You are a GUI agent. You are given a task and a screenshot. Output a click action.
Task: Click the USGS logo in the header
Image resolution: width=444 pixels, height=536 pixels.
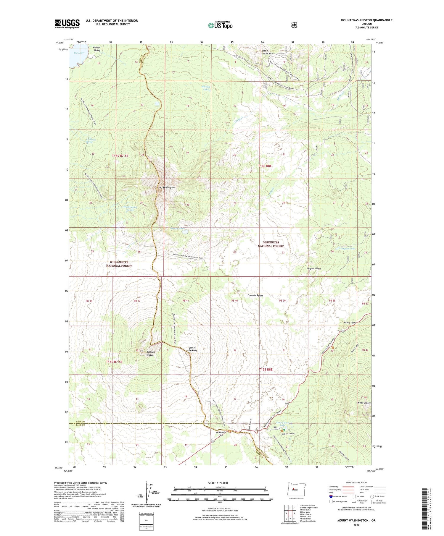point(67,24)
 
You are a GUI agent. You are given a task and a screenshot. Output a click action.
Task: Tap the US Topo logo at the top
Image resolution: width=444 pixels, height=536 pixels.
point(220,25)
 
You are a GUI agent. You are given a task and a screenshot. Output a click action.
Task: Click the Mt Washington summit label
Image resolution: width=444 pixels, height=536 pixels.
point(167,187)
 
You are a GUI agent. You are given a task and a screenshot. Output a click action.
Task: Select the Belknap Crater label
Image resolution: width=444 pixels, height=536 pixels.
point(150,353)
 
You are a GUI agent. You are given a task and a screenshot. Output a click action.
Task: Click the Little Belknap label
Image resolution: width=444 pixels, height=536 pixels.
point(193,349)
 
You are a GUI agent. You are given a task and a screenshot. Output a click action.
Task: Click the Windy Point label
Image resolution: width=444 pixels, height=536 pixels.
point(350,323)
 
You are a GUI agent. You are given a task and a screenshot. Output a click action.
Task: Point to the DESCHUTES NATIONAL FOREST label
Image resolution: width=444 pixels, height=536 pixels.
point(271,244)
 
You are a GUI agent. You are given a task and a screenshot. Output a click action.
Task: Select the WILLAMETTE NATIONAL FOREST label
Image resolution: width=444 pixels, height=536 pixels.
point(119,264)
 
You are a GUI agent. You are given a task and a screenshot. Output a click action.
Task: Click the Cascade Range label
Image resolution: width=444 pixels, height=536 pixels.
point(255,296)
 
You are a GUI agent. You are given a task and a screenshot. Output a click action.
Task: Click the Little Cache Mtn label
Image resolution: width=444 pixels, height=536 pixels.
point(267,52)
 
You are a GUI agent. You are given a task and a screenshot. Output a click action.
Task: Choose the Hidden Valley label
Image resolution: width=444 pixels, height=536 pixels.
point(97,49)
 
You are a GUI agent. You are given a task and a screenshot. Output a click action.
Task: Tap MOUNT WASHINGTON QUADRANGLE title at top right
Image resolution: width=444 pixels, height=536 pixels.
point(366,20)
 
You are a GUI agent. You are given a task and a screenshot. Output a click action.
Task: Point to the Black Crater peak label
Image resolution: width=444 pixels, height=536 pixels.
point(364,403)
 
